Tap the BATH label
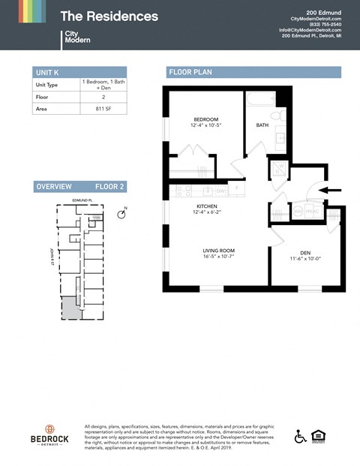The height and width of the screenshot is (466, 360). coord(262,125)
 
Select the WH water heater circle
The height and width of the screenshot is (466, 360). coord(298,212)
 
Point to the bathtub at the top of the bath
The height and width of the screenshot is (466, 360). coord(262,98)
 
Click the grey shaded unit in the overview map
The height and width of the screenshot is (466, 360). coord(69,307)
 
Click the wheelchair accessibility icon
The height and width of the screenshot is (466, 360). coord(301,437)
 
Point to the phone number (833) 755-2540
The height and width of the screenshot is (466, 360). coord(325,24)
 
